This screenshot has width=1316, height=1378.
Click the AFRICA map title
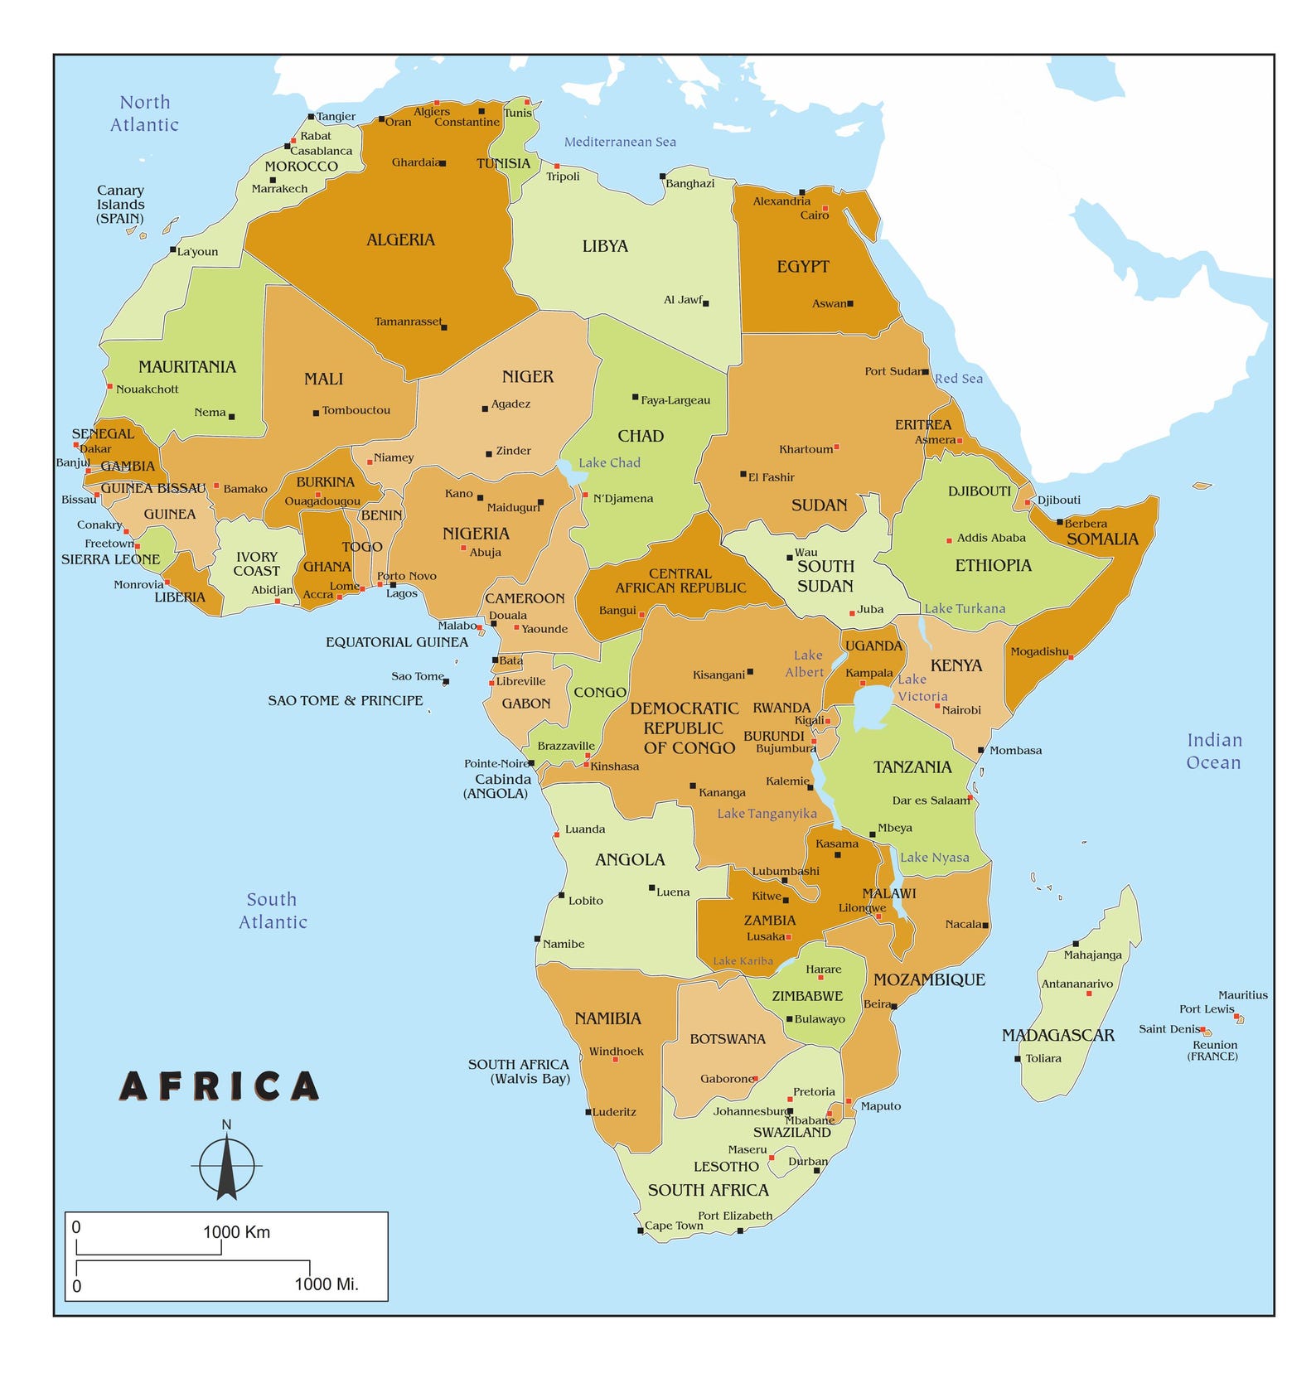220,1086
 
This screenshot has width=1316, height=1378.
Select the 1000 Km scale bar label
237,1231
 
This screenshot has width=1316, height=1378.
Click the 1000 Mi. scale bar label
327,1284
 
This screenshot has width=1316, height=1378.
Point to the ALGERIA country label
400,240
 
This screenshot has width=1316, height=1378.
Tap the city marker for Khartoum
836,447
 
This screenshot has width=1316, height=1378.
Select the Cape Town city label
674,1226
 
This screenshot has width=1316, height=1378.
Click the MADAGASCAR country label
1057,1035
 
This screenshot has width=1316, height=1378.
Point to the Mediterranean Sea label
620,142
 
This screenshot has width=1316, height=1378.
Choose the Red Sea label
959,379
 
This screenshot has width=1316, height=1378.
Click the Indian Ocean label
1213,751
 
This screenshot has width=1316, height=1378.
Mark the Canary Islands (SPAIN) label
120,204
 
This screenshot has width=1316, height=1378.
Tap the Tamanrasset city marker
444,327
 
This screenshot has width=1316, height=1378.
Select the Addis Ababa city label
991,538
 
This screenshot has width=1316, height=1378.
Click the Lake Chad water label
609,462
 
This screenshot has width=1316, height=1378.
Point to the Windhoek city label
616,1052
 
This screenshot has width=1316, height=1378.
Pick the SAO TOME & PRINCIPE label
345,700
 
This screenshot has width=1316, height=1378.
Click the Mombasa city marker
981,750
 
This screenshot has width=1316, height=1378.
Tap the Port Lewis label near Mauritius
1207,1008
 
